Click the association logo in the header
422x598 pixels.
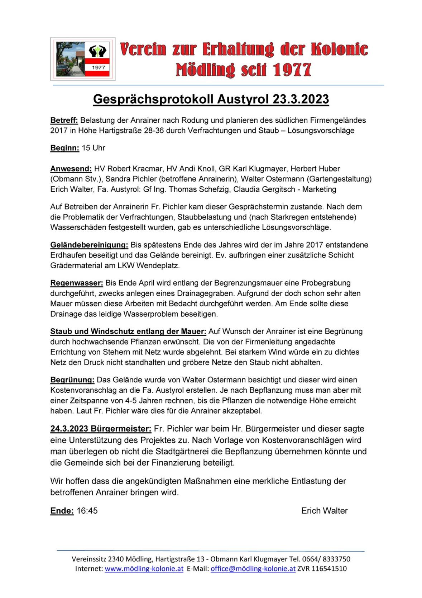(x=83, y=59)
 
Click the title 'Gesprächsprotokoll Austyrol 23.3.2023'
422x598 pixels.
(x=211, y=99)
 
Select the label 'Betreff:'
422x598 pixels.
(x=64, y=120)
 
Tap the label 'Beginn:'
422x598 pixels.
(x=64, y=148)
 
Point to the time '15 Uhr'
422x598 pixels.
(x=93, y=148)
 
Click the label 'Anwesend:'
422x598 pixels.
(x=71, y=169)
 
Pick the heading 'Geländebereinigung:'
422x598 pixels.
(x=89, y=245)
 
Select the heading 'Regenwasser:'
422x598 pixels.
(x=77, y=283)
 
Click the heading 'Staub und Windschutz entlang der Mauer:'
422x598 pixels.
(x=128, y=331)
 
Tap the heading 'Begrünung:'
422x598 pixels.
(x=72, y=380)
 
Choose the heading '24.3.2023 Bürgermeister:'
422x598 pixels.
(x=101, y=429)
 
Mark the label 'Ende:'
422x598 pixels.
(x=62, y=511)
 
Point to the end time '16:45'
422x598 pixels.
(x=87, y=511)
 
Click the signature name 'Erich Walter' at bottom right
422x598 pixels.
(x=324, y=511)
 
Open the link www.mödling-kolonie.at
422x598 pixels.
(x=144, y=569)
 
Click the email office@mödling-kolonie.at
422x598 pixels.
(x=253, y=569)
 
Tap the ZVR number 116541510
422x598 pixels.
(x=329, y=569)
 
